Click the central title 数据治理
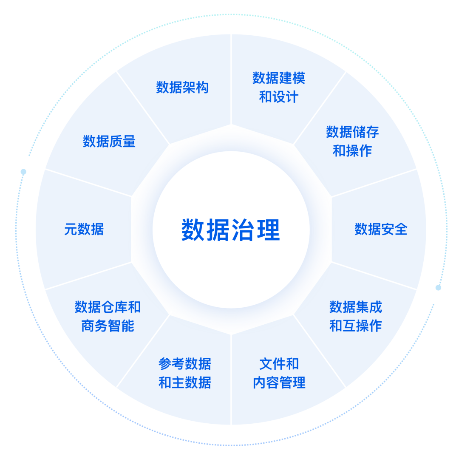click(x=231, y=230)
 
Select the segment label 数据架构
click(x=182, y=88)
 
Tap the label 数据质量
click(x=109, y=142)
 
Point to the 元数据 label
click(x=84, y=229)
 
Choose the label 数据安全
click(x=381, y=229)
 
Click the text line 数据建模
click(x=279, y=78)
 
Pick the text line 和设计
click(x=279, y=97)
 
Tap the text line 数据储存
click(x=352, y=132)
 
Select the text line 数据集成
click(x=356, y=307)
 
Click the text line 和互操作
click(x=356, y=326)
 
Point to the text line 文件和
click(x=279, y=364)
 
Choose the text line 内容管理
click(x=279, y=382)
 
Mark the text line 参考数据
click(x=185, y=364)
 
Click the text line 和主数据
click(x=185, y=382)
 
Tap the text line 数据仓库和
click(x=108, y=307)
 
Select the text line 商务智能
click(x=108, y=326)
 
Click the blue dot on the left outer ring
click(x=23, y=172)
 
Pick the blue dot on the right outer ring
click(x=438, y=287)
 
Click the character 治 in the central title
click(x=243, y=230)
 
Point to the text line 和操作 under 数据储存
click(x=352, y=151)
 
